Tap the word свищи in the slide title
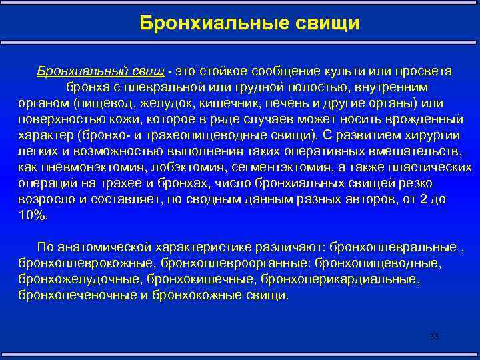(x=323, y=24)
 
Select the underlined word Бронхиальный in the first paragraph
(x=74, y=71)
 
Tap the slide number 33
(x=434, y=337)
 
